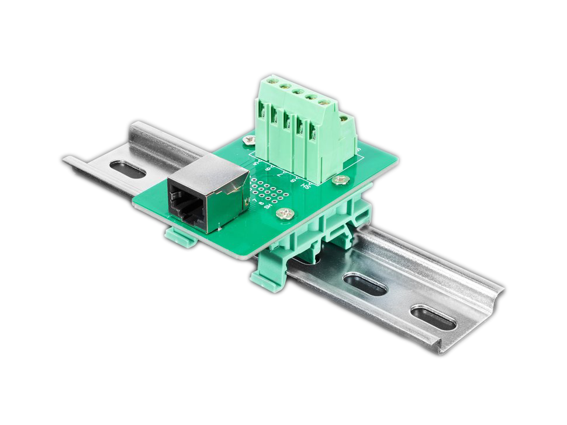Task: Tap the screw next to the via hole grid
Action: pos(285,214)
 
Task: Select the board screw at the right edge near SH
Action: pos(337,180)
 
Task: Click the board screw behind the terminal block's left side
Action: pos(250,140)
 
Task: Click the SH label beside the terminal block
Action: pos(305,185)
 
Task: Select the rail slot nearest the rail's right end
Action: pos(433,317)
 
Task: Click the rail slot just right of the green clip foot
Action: pos(365,284)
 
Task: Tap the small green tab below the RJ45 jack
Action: pos(178,236)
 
